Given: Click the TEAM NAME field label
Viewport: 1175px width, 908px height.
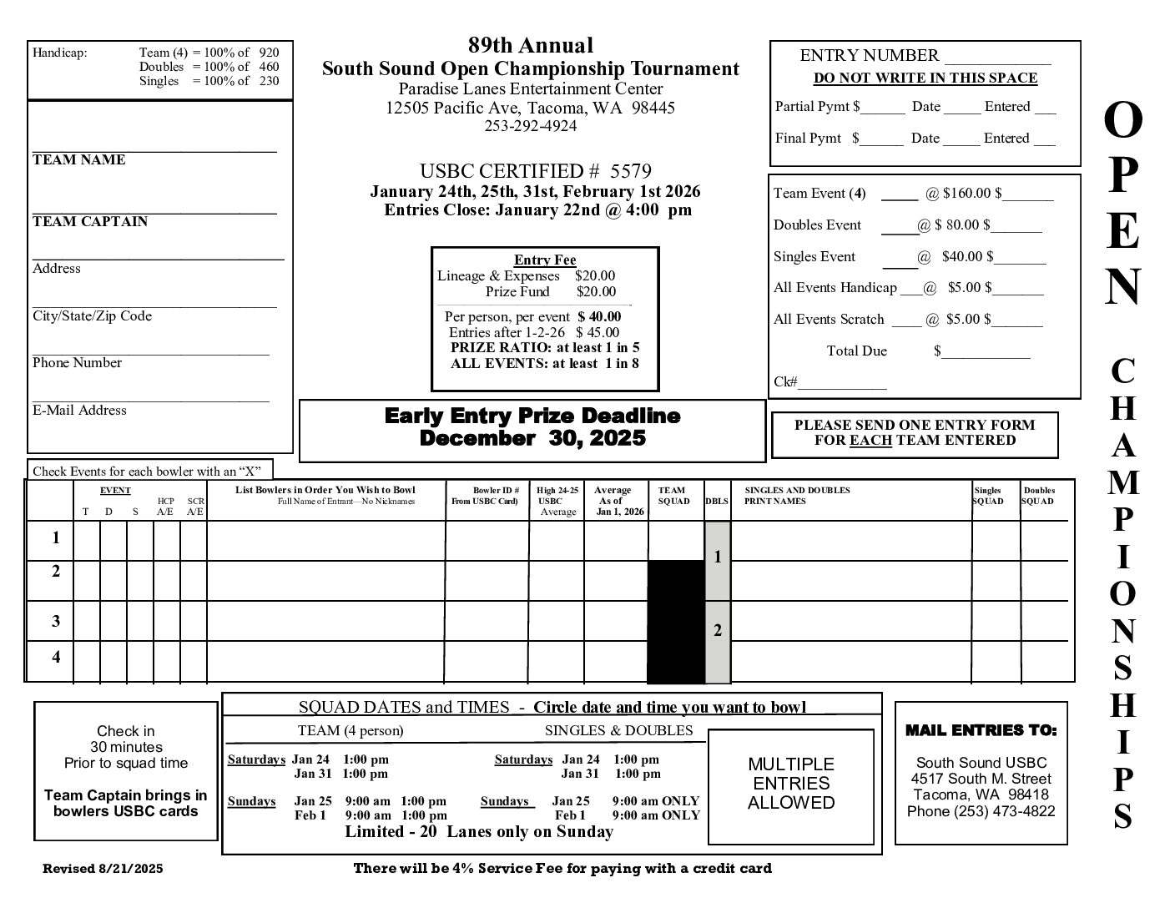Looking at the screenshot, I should pos(78,160).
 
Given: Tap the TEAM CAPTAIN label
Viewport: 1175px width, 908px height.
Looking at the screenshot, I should pos(90,222).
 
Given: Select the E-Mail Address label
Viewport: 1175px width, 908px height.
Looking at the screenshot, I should pos(79,411).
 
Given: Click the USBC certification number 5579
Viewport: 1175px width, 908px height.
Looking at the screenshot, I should pos(630,172).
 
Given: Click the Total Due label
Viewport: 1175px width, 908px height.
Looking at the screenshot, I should pos(856,351).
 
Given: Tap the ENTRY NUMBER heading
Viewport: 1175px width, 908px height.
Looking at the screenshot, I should pos(869,56).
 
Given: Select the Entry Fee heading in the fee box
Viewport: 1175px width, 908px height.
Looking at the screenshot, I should pos(545,260).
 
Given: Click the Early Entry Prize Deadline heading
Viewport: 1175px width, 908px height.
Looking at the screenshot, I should pos(532,416).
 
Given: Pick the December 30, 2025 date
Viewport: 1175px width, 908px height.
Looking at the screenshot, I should pos(532,438).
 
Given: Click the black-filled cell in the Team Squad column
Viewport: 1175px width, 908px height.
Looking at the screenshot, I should pos(676,622).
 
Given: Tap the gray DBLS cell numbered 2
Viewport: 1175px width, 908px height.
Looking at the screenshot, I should pos(718,631).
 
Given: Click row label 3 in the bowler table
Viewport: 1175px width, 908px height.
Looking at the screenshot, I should pos(56,621).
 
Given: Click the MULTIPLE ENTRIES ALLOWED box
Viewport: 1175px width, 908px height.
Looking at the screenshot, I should pos(790,784).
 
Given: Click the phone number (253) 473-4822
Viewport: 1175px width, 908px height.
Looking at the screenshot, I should pos(981,811).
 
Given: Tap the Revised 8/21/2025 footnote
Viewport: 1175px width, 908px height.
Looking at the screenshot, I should pos(103,869).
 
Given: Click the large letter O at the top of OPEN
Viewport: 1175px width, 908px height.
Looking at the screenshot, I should pos(1122,122).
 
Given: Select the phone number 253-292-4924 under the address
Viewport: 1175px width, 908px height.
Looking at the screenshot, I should pos(530,126).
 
